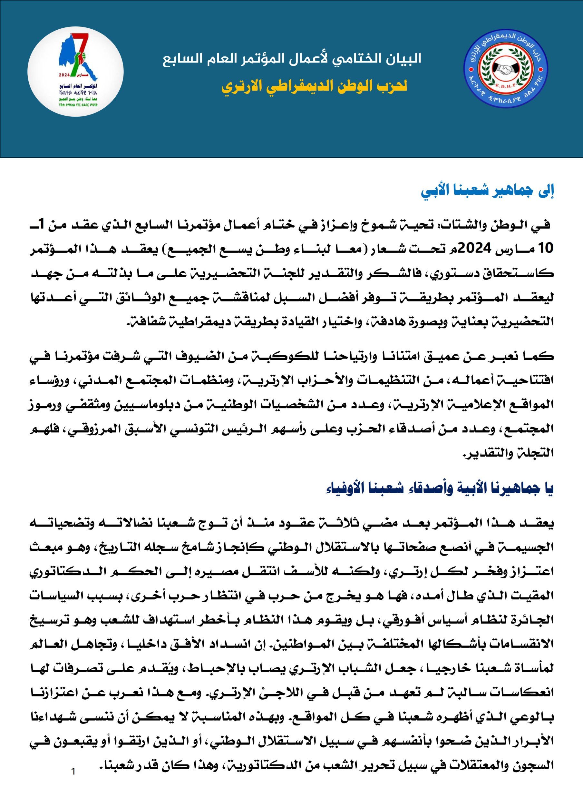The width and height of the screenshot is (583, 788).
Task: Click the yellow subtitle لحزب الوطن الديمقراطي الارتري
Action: pos(314,86)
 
